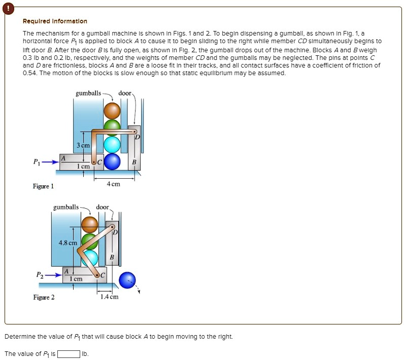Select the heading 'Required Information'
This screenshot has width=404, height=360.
pyautogui.click(x=55, y=21)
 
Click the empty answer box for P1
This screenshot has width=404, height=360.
pyautogui.click(x=69, y=354)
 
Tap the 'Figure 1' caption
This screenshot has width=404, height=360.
pyautogui.click(x=44, y=186)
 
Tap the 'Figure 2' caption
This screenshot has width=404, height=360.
pyautogui.click(x=44, y=297)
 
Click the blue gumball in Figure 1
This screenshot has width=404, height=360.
pyautogui.click(x=113, y=161)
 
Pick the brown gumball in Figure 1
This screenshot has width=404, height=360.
pyautogui.click(x=112, y=110)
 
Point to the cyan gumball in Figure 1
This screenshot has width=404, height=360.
pyautogui.click(x=112, y=145)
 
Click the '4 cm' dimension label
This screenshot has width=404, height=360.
pyautogui.click(x=114, y=184)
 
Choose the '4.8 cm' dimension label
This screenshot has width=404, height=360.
pyautogui.click(x=68, y=243)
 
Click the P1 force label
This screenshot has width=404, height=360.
pyautogui.click(x=36, y=162)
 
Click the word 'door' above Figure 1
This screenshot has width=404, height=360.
pyautogui.click(x=125, y=93)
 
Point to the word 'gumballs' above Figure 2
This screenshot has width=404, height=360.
pyautogui.click(x=66, y=207)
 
